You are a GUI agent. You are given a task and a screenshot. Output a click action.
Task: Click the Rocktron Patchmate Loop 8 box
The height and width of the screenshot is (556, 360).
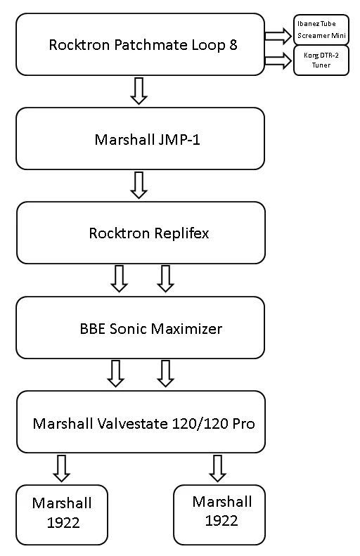(140, 45)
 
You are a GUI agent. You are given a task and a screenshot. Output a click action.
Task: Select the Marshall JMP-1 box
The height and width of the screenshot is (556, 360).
(140, 138)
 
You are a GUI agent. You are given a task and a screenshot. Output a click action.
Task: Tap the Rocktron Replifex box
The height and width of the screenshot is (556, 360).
(141, 233)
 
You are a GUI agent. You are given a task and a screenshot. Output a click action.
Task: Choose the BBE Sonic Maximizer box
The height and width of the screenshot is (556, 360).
(141, 328)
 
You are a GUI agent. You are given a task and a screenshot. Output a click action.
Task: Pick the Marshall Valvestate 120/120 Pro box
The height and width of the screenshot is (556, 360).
(141, 422)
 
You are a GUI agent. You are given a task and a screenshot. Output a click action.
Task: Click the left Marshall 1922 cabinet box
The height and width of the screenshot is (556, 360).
(62, 514)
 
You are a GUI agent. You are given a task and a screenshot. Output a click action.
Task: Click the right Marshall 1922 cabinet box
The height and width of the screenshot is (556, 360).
(219, 514)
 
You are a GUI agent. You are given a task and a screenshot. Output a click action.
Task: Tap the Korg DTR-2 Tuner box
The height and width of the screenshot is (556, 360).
(321, 60)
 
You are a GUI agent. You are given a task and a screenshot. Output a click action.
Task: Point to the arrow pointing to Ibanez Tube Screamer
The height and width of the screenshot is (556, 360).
(278, 34)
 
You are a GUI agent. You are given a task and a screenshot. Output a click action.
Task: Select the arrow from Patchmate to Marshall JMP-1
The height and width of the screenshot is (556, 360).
(139, 91)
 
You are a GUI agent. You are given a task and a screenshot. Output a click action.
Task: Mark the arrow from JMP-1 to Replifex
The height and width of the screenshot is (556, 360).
(139, 184)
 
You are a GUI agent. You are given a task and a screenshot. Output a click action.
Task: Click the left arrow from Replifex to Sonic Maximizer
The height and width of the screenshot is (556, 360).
(119, 278)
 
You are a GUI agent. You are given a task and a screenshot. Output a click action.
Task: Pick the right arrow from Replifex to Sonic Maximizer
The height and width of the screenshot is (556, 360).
(165, 278)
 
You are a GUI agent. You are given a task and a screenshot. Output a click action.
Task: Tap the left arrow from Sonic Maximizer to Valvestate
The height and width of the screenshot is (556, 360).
(115, 373)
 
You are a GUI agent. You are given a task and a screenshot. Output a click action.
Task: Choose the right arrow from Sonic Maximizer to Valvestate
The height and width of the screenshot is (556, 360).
(165, 373)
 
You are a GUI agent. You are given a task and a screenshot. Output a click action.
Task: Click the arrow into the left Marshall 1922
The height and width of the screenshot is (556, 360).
(62, 468)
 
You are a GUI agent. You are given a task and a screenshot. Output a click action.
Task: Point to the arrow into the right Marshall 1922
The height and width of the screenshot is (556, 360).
(218, 468)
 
